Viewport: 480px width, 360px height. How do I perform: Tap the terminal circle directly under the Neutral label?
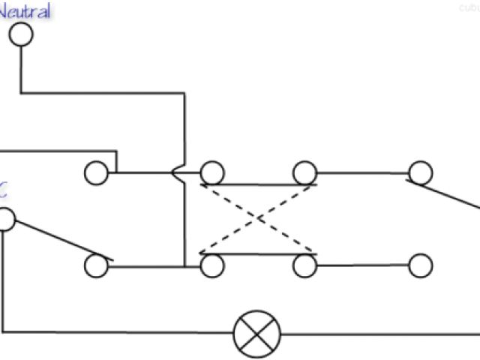[21, 34]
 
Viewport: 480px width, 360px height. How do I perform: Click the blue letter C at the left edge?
[4, 190]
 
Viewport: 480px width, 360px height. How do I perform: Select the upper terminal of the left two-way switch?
[95, 173]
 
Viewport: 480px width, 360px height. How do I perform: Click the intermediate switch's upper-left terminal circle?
[212, 173]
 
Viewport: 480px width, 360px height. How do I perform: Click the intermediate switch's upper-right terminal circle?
[304, 173]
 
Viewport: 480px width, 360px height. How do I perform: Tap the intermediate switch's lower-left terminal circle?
[212, 265]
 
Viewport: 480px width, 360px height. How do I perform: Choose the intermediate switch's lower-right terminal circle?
[304, 265]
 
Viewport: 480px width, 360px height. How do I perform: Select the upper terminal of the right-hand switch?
[420, 173]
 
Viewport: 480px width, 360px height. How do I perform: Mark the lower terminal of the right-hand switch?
[420, 265]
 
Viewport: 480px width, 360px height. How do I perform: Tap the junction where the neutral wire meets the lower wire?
[184, 265]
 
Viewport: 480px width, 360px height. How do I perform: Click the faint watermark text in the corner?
[468, 7]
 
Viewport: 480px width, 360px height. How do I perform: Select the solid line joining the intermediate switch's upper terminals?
[258, 184]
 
